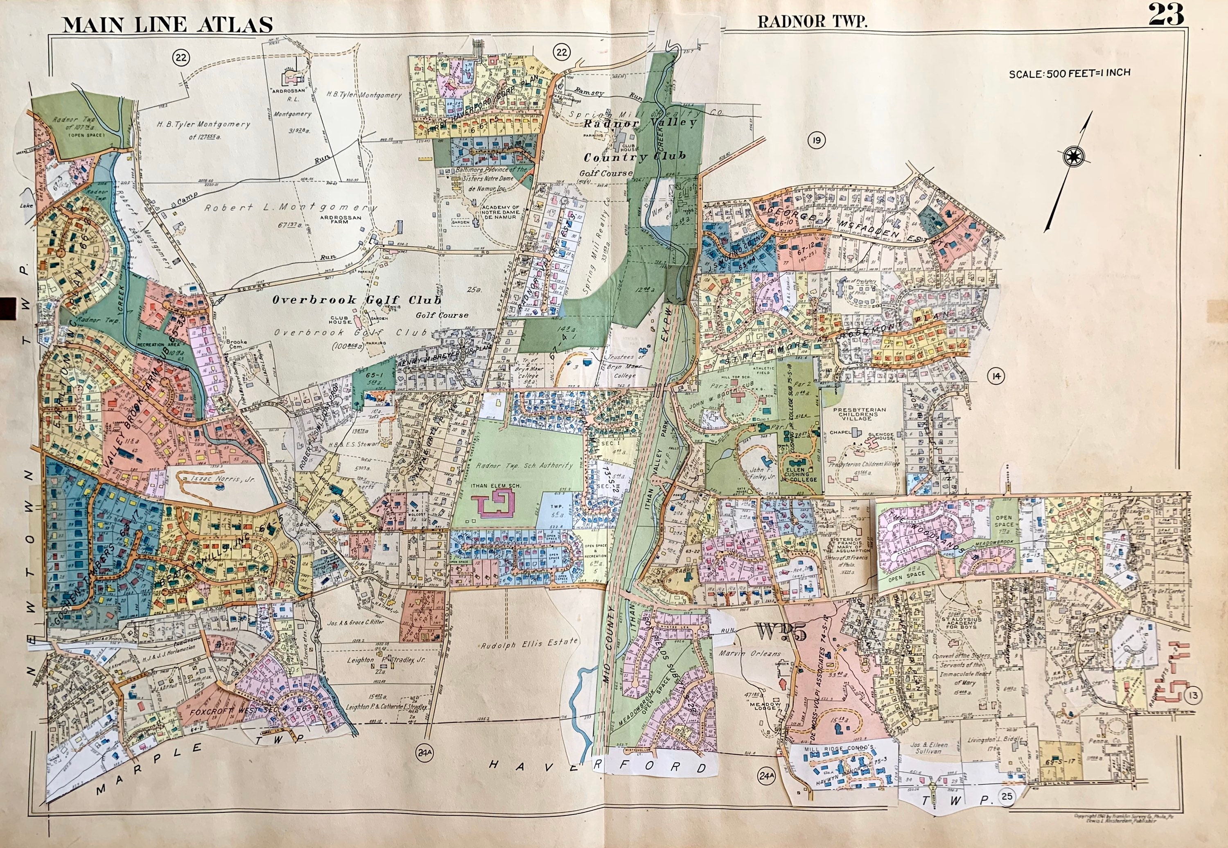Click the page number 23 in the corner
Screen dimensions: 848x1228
[1166, 15]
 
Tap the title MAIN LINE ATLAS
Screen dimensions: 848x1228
[167, 25]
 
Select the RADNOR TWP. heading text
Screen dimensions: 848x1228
[812, 22]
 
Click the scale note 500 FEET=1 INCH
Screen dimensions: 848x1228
[1070, 73]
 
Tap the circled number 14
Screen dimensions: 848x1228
[995, 377]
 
